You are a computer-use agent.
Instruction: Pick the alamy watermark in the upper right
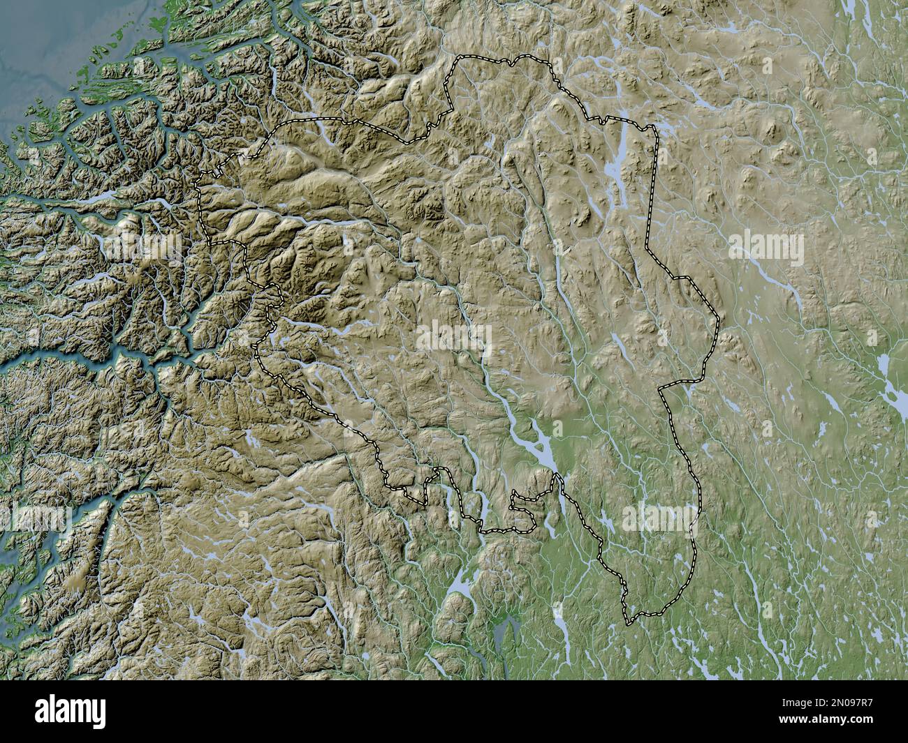pos(766,248)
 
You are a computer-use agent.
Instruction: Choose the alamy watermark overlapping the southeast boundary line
pos(661,517)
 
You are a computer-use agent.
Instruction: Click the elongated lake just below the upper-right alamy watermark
pos(775,279)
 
